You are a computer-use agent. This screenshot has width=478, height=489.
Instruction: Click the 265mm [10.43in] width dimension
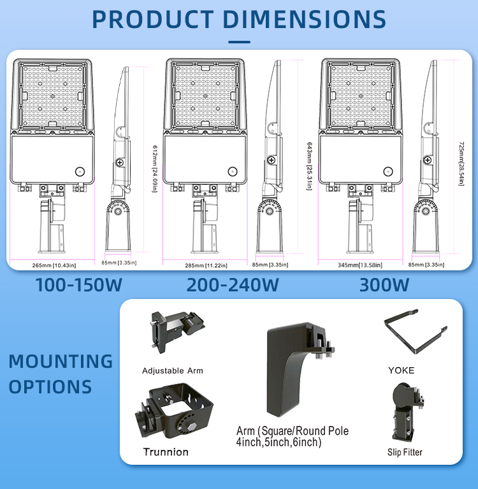tap(54, 265)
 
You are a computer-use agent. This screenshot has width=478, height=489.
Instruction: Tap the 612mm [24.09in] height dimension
tap(155, 169)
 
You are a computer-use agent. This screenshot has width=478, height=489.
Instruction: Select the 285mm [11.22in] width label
tap(206, 266)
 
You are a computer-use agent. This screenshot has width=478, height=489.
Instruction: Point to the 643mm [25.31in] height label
tap(309, 166)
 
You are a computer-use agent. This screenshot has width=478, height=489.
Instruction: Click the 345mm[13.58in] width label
tap(360, 265)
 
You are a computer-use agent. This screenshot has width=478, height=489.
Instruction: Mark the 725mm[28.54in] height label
tap(461, 164)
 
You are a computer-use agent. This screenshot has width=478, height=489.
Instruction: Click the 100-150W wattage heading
tap(78, 285)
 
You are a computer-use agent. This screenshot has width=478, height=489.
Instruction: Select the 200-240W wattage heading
tap(233, 285)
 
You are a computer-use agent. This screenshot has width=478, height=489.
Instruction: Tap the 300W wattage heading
tap(384, 285)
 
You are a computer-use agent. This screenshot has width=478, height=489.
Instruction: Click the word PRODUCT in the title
tap(153, 19)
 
